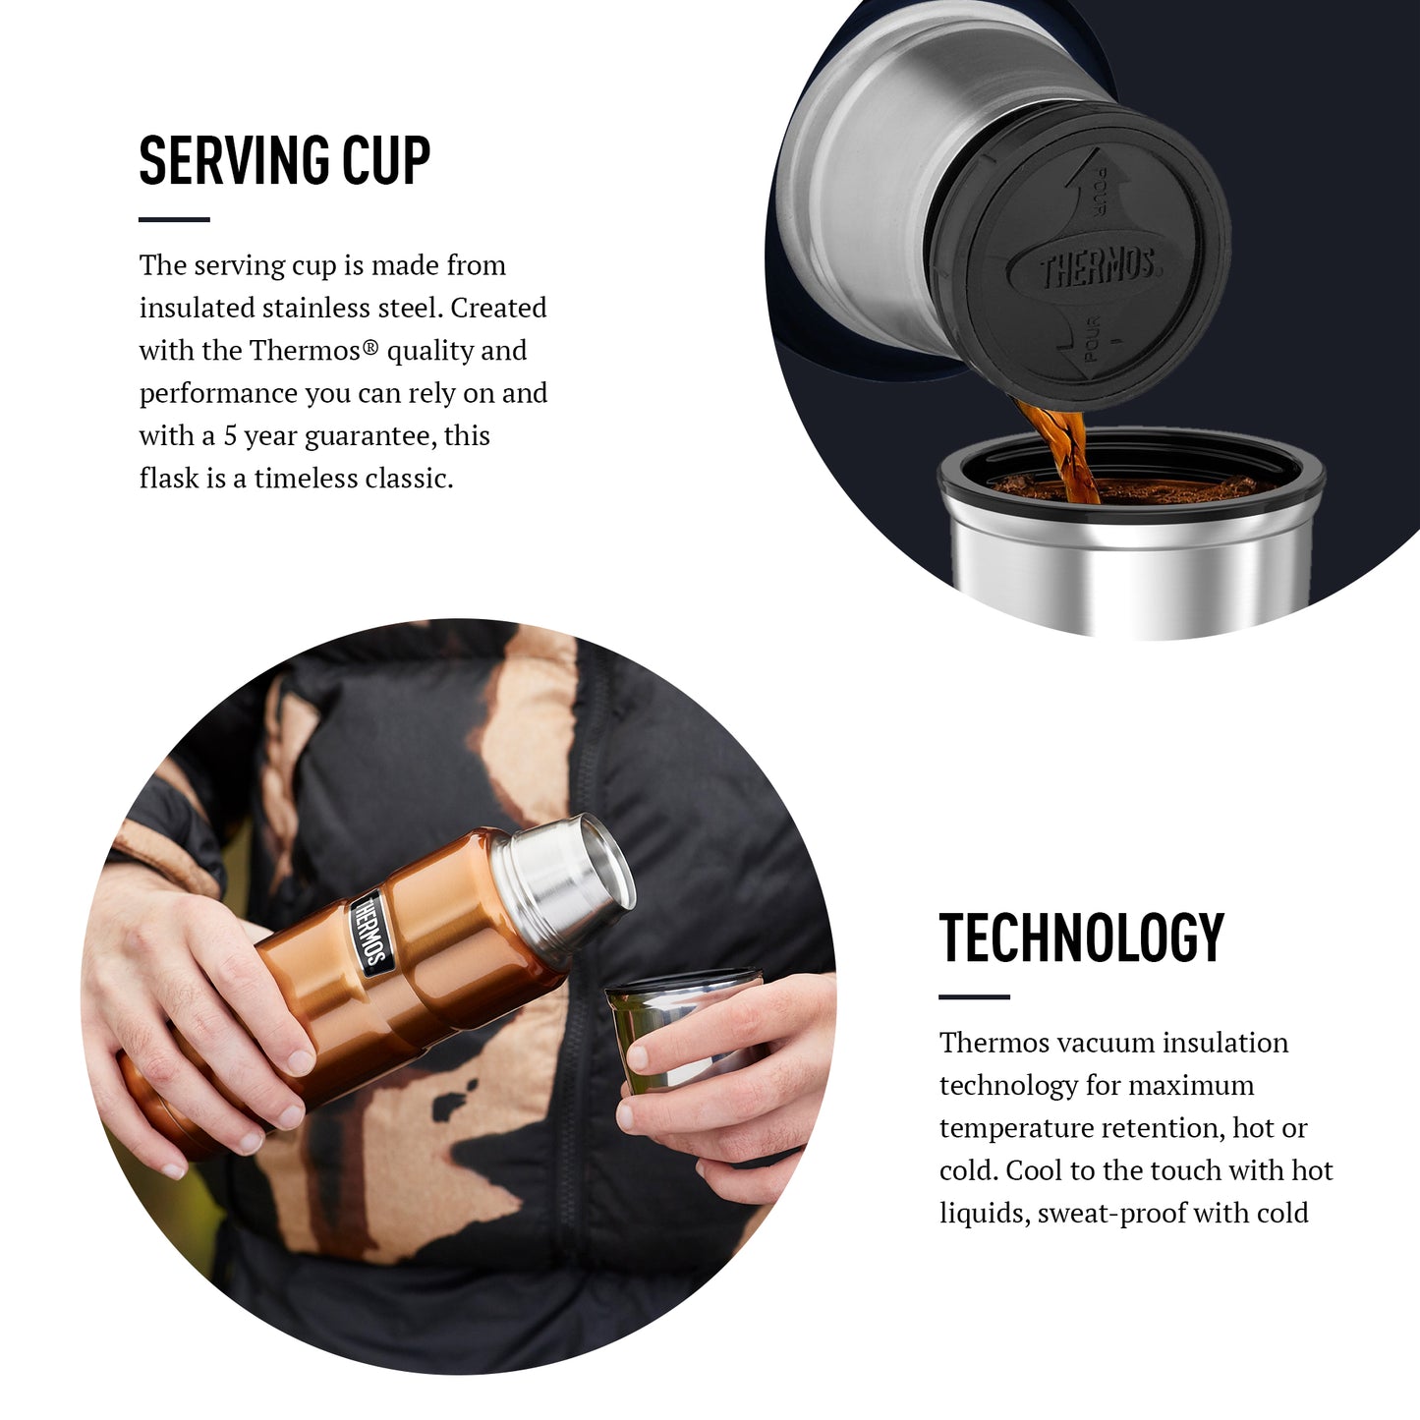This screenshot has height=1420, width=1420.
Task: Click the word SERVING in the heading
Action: point(235,160)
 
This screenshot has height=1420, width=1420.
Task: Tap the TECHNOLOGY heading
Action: point(1082,937)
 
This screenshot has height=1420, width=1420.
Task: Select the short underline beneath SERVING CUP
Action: point(175,219)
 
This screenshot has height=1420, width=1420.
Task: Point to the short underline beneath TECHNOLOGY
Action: point(974,997)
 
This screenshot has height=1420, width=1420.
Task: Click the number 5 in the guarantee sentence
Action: point(229,435)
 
